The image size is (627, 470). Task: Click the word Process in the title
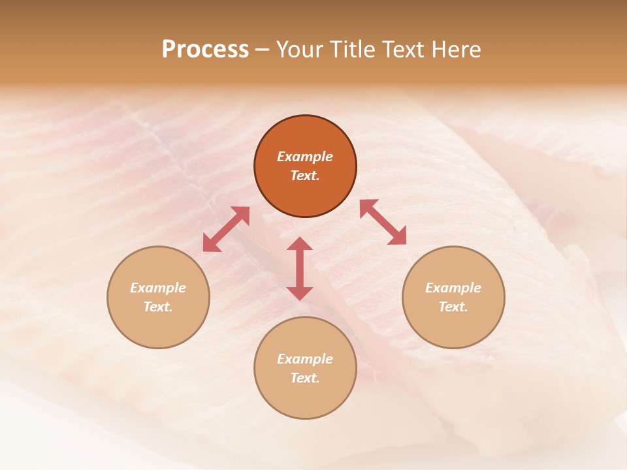point(205,50)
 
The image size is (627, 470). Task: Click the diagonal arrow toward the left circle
point(226,229)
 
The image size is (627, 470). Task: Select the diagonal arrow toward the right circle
point(383,222)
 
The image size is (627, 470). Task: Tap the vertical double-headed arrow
point(300,268)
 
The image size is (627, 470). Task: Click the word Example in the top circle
point(305,157)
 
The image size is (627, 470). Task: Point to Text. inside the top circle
point(305,176)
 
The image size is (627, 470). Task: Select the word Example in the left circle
point(158,288)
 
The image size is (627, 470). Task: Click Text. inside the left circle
point(158,307)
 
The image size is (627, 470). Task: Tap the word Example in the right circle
point(453,288)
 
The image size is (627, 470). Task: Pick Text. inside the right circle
point(453,307)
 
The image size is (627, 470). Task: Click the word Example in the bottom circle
point(305,359)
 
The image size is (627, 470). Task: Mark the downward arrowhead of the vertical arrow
point(300,293)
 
